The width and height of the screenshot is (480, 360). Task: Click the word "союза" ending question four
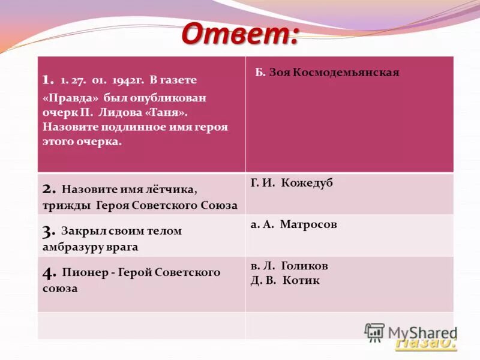point(60,288)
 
